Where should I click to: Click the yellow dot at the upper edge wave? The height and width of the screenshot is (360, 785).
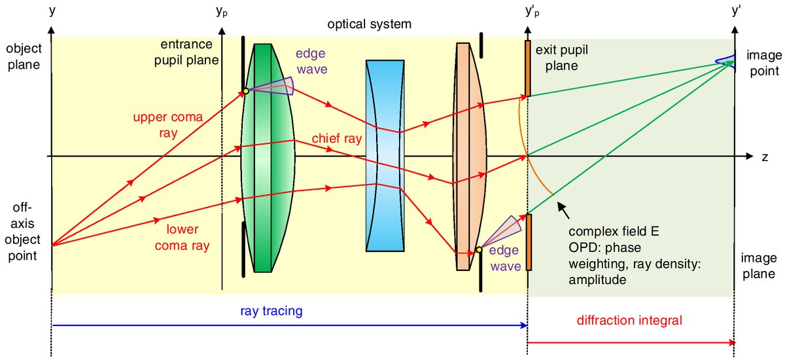[x=245, y=91]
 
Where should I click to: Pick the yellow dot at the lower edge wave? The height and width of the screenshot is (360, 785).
[x=479, y=249]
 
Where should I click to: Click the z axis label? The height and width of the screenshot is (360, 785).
[x=764, y=157]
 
